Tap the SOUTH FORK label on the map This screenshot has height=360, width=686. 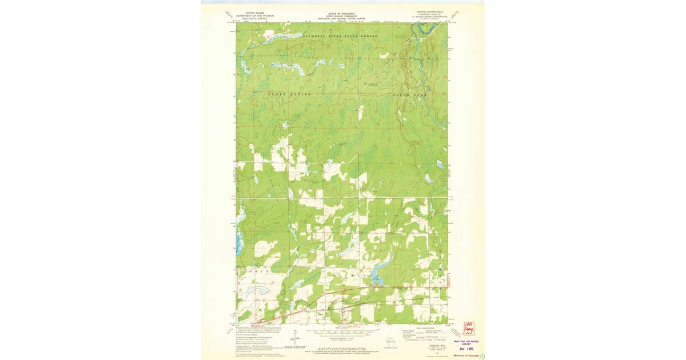point(404,94)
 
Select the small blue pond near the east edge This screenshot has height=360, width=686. point(440,164)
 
